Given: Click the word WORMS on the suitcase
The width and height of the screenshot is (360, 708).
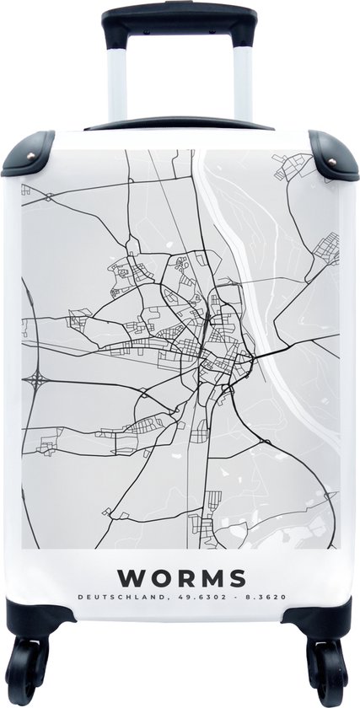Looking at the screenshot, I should coord(182,577).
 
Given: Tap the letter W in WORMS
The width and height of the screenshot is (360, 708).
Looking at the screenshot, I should coord(130,577).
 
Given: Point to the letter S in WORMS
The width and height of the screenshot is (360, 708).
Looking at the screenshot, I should coord(237,577).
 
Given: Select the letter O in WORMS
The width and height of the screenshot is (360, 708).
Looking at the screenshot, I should coord(159,577).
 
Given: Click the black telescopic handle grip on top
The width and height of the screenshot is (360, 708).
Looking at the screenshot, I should coord(180,22).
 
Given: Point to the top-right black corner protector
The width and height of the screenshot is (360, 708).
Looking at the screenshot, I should coord(331,152).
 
